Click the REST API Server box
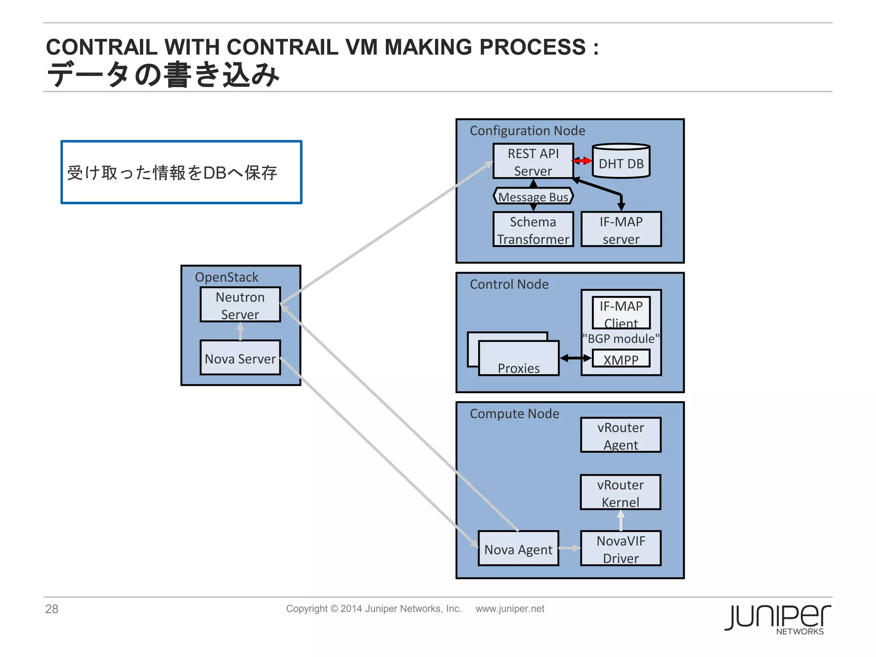tap(533, 161)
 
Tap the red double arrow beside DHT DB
tap(583, 161)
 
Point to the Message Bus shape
tap(533, 196)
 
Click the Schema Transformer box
tap(533, 230)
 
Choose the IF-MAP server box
tap(621, 230)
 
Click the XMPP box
tap(621, 359)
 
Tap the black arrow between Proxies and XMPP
tap(575, 358)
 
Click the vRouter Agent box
tap(621, 435)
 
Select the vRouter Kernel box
tap(620, 493)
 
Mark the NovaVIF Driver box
tap(621, 549)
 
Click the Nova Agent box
tap(518, 549)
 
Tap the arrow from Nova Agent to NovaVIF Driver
tap(569, 548)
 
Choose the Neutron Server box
tap(240, 305)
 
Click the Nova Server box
tap(240, 358)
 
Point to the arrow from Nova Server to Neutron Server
tap(240, 331)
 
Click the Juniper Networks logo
tap(778, 619)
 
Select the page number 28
tap(52, 609)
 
